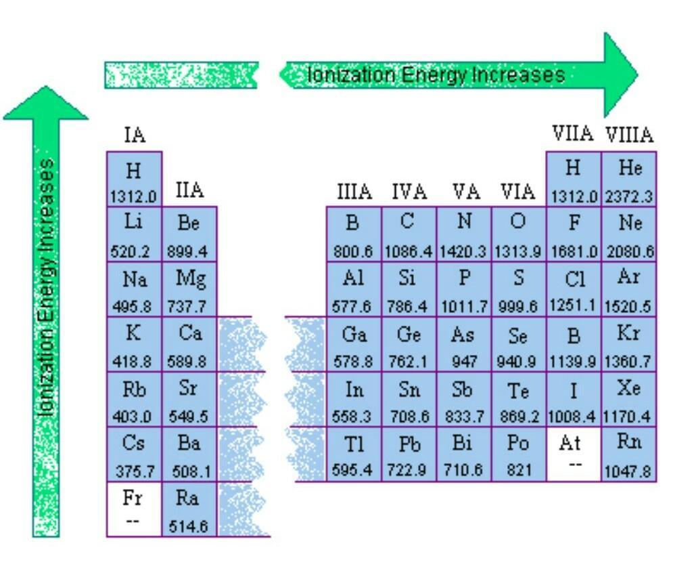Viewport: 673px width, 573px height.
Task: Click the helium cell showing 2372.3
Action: click(629, 179)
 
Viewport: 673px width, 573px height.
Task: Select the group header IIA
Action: click(189, 190)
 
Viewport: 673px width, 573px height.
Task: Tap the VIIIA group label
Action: click(630, 135)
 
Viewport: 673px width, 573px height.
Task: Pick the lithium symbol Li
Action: click(133, 221)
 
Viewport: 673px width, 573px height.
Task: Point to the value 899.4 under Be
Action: click(187, 251)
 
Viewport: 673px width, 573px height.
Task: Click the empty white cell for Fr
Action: click(134, 509)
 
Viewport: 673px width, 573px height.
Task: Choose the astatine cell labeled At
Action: click(574, 454)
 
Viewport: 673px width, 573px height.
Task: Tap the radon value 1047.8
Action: click(628, 471)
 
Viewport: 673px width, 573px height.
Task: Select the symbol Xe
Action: click(629, 387)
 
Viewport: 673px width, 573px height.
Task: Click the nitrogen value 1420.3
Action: click(463, 251)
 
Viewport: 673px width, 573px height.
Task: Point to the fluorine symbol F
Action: click(574, 222)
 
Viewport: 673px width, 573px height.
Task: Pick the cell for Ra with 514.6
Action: click(189, 509)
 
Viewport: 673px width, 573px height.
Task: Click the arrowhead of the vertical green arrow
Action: click(46, 102)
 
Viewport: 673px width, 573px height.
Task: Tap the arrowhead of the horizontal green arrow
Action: click(621, 75)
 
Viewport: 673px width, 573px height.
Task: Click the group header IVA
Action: click(409, 191)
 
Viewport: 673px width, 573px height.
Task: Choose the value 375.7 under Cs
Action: click(135, 471)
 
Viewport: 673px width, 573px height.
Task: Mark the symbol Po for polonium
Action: click(518, 443)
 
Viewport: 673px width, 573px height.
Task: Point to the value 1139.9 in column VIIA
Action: click(573, 362)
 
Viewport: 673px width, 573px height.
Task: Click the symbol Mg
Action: click(190, 278)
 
